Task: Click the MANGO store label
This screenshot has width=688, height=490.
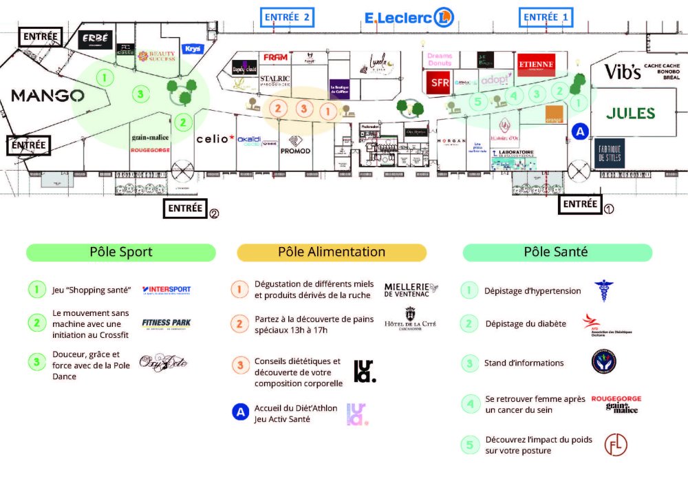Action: click(x=47, y=96)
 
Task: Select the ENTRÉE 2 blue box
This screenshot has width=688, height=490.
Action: click(x=288, y=17)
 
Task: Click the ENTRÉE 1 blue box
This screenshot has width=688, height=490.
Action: click(x=546, y=17)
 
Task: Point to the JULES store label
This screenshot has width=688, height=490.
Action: click(x=630, y=114)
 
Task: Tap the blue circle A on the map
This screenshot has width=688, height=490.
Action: click(x=580, y=131)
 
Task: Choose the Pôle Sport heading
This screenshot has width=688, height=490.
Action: click(x=121, y=253)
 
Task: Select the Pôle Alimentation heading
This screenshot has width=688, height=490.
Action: click(x=332, y=253)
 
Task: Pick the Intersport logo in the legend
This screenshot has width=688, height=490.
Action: click(x=166, y=290)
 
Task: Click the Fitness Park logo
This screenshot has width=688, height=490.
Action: click(x=166, y=323)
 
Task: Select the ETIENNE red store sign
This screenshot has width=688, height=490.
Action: click(x=535, y=65)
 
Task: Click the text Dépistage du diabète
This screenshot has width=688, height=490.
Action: click(x=526, y=323)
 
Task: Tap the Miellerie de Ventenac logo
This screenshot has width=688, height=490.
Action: click(x=411, y=290)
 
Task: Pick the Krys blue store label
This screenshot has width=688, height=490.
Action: click(x=192, y=49)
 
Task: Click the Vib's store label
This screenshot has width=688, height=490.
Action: click(x=623, y=72)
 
